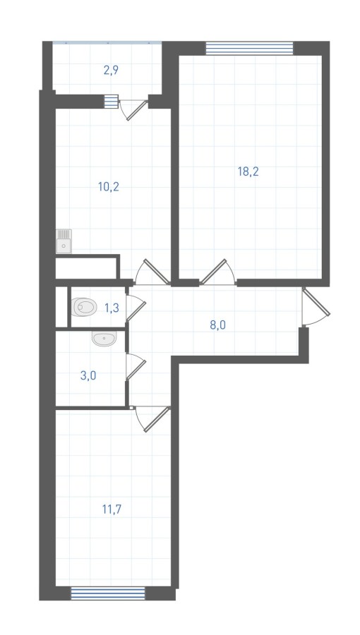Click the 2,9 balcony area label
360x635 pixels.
111,71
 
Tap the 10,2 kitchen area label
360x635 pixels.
108,187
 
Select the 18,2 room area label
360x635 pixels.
248,171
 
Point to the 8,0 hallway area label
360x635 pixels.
217,325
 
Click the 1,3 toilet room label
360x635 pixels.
112,308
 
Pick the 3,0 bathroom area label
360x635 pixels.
88,375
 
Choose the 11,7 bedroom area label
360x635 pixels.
112,509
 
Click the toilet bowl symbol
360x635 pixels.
84,307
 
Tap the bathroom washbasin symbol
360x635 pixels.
104,338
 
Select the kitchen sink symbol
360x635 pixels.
64,241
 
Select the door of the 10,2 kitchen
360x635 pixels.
152,272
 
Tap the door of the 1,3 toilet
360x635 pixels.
136,308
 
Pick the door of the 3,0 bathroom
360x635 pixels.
136,367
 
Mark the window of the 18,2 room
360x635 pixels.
249,48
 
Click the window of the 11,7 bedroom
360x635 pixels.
108,593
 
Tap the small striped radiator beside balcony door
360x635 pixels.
111,101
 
